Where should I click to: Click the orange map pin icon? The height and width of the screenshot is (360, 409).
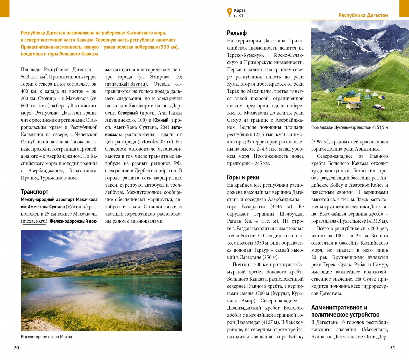(229, 12)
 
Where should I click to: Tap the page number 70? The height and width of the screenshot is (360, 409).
(16, 348)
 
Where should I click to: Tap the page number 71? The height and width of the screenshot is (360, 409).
(392, 348)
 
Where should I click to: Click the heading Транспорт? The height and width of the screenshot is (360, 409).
(34, 192)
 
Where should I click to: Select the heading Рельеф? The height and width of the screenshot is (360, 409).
(237, 33)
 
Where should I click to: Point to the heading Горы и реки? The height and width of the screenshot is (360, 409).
(243, 177)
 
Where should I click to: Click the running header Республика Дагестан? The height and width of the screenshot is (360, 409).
(363, 15)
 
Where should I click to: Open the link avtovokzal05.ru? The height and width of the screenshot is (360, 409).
(156, 142)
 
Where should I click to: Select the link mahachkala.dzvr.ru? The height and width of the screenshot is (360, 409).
(125, 84)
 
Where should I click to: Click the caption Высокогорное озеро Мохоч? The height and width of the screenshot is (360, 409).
(46, 337)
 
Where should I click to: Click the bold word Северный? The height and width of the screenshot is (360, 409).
(128, 113)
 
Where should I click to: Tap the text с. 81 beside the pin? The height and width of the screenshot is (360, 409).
(239, 16)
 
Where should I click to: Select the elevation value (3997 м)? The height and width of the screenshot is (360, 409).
(320, 142)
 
